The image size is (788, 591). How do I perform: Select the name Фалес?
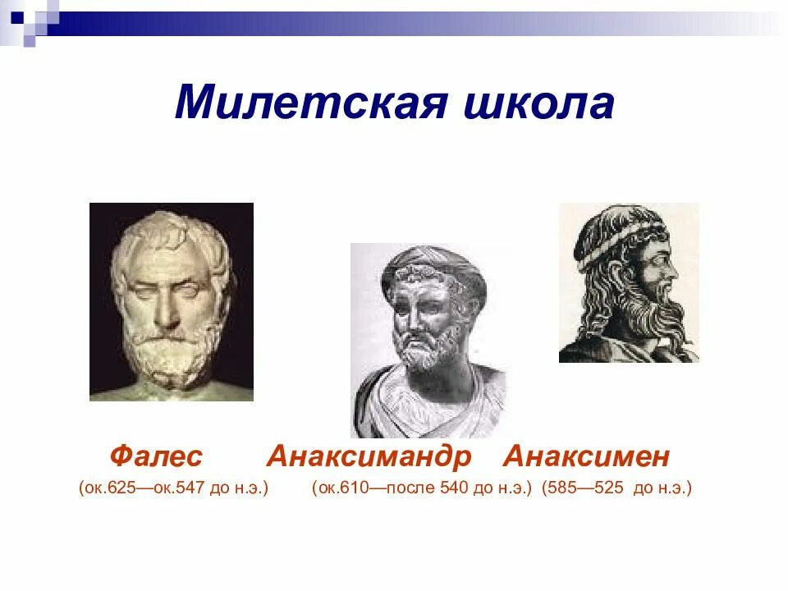(156, 456)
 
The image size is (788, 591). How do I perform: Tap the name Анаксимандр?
(369, 456)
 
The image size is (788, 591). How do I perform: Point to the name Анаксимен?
(587, 456)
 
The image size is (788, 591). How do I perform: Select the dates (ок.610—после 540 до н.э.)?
(422, 488)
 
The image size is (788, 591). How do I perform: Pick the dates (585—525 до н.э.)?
(616, 488)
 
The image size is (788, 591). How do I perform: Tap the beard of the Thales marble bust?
(172, 361)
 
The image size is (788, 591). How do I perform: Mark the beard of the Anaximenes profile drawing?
(657, 316)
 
